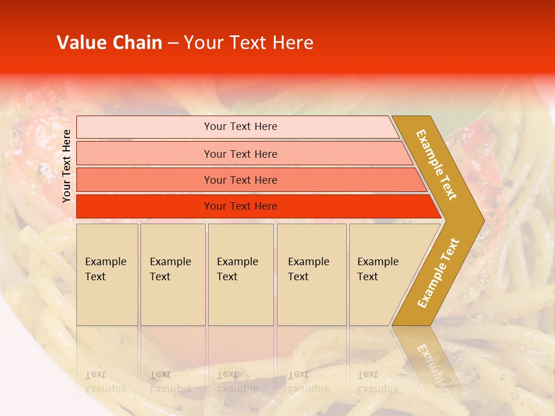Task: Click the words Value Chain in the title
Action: [109, 43]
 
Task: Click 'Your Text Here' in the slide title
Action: [249, 43]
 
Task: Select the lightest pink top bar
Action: [145, 127]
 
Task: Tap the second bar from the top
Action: [145, 154]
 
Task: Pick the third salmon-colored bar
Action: [145, 180]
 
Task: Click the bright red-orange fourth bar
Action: [145, 206]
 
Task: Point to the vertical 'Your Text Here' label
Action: [66, 166]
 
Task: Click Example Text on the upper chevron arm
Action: [436, 165]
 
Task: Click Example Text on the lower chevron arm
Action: [438, 273]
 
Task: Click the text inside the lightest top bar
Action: [240, 127]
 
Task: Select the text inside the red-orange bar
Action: [240, 206]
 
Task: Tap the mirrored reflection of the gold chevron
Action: [428, 358]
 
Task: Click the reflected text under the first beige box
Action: [105, 382]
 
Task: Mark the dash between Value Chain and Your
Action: [173, 43]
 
